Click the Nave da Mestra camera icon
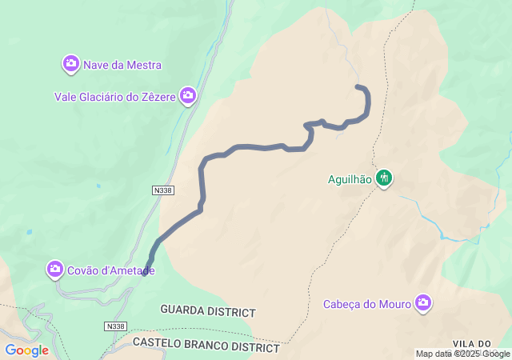(x=71, y=63)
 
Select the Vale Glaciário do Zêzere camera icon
(x=188, y=97)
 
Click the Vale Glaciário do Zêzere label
(x=114, y=97)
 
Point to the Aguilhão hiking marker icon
(x=385, y=178)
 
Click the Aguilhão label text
(x=350, y=179)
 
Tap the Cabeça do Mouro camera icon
(x=423, y=302)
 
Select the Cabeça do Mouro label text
(x=366, y=304)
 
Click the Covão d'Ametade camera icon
(x=55, y=269)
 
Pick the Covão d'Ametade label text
(x=111, y=270)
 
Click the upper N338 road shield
(x=162, y=190)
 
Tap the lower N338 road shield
(x=115, y=326)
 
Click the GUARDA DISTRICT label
(x=207, y=310)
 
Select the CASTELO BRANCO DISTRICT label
(x=206, y=347)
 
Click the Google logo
(x=26, y=350)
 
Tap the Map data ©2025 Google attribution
(x=462, y=354)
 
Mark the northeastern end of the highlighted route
(x=358, y=86)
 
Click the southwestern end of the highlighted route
(x=147, y=274)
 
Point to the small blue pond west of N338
(x=29, y=232)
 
